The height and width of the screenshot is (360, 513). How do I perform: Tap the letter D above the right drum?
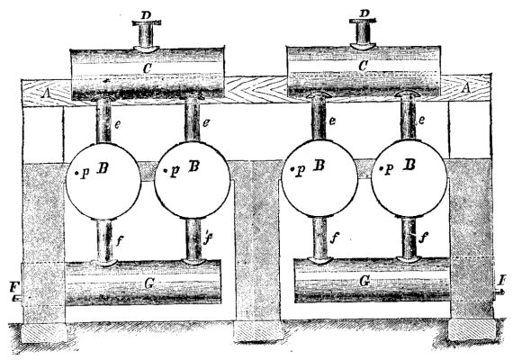point(364,13)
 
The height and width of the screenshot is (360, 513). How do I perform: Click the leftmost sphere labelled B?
point(103,176)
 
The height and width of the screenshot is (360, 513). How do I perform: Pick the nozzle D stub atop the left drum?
point(147,35)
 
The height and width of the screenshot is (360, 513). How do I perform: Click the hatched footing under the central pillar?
point(257,331)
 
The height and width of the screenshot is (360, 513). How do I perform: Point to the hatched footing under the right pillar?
point(472,329)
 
